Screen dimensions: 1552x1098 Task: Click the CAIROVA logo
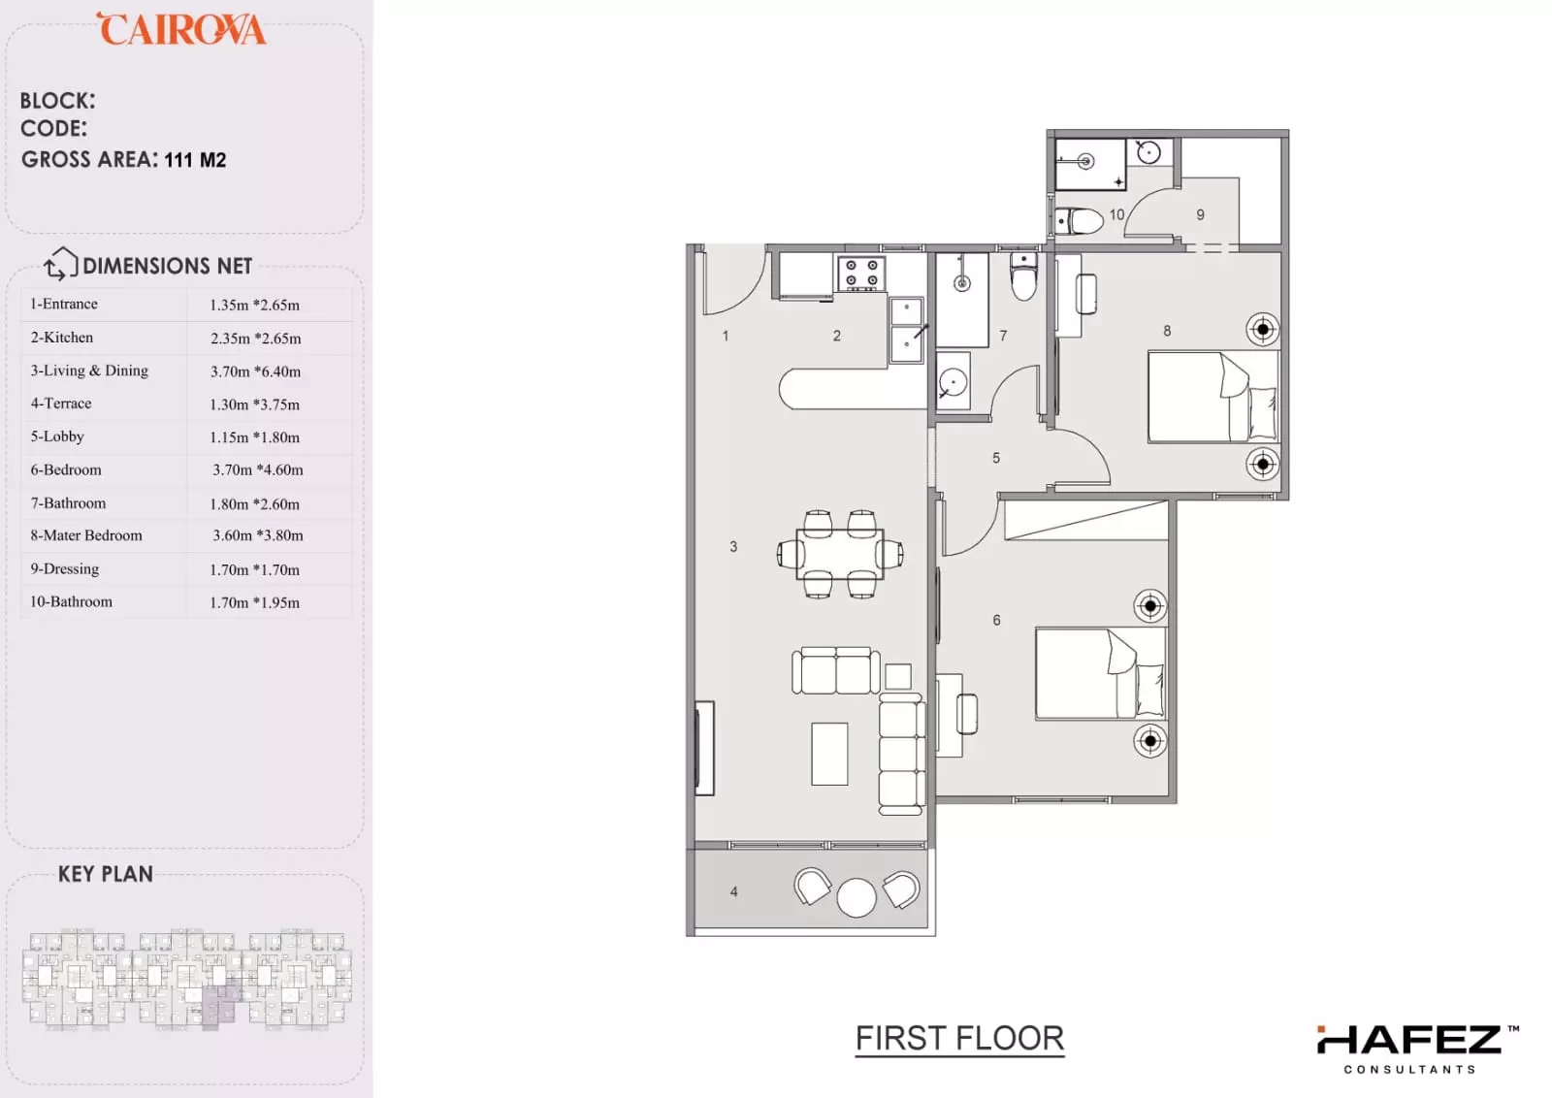[x=181, y=28]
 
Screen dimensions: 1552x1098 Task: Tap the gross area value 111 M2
[x=195, y=160]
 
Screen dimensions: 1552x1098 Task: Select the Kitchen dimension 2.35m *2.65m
[x=256, y=339]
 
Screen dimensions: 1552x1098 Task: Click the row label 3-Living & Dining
[x=88, y=371]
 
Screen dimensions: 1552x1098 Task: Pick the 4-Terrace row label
[x=60, y=404]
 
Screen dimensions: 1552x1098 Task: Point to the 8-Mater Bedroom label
[x=86, y=535]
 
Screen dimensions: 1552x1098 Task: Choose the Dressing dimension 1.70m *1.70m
[x=255, y=569]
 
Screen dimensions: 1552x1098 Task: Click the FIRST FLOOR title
[x=959, y=1039]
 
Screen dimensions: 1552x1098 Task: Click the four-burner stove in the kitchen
[x=861, y=273]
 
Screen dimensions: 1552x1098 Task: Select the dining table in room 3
[x=840, y=554]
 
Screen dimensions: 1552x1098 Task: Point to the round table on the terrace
[x=857, y=898]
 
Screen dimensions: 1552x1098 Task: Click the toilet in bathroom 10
[x=1079, y=222]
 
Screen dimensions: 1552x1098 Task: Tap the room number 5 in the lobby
[x=995, y=458]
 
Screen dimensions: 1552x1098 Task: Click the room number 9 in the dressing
[x=1200, y=214]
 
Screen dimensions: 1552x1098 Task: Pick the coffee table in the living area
[x=829, y=754]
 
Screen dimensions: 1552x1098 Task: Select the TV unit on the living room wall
[x=704, y=748]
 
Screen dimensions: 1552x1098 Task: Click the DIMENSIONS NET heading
[x=167, y=266]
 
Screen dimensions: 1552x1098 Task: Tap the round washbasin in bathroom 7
[x=953, y=382]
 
